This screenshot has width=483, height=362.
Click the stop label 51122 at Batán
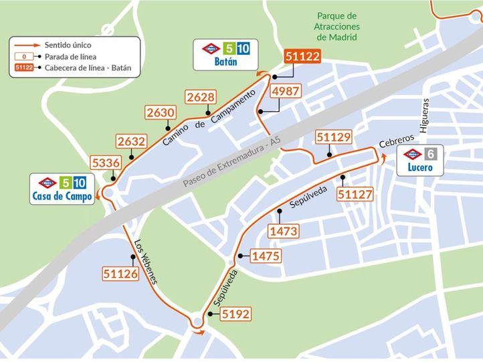(302, 58)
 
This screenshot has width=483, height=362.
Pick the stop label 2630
(160, 113)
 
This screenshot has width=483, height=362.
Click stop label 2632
(130, 142)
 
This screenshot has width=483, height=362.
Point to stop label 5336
(106, 163)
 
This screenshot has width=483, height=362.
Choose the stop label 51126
(120, 273)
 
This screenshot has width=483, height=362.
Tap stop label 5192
(235, 313)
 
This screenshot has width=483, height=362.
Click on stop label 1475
(265, 256)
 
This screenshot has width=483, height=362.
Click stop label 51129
(334, 138)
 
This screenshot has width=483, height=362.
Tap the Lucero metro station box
(420, 161)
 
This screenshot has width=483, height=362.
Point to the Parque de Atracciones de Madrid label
(337, 26)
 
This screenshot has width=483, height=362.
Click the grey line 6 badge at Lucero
(431, 154)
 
